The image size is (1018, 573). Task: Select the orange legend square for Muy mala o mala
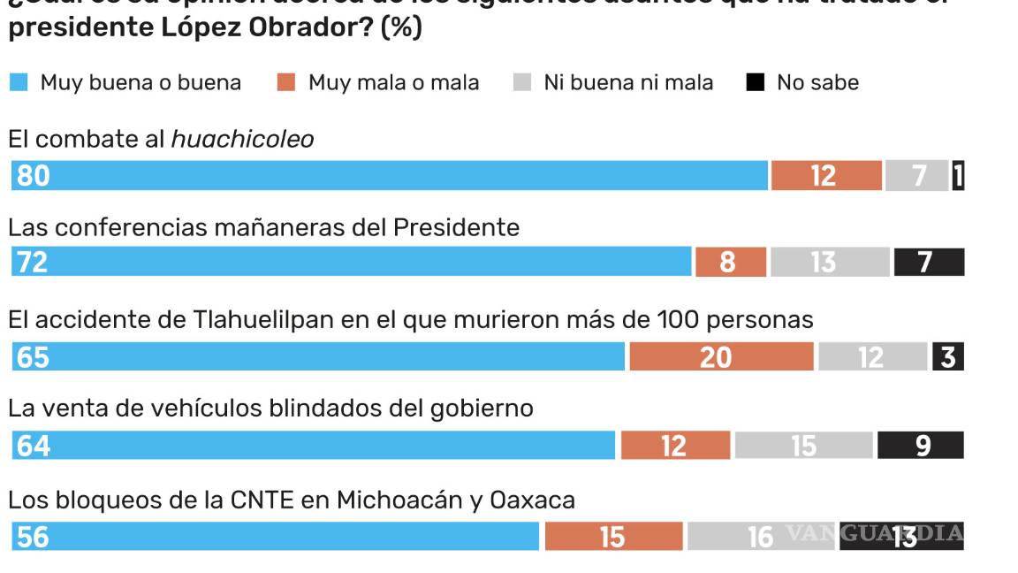pos(285,83)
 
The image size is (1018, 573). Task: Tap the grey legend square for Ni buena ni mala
pos(521,83)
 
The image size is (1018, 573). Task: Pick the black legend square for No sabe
pos(755,83)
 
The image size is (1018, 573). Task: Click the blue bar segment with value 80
pos(390,176)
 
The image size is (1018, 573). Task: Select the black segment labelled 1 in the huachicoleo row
pos(958,176)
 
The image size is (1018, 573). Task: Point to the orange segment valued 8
pos(730,263)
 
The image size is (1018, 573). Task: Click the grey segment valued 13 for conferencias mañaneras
pos(829,263)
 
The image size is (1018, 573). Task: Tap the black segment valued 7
pos(929,263)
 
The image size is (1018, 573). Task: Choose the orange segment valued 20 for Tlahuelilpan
pos(721,356)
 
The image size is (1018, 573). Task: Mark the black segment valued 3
pos(947,356)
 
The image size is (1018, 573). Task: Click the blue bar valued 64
pos(314,446)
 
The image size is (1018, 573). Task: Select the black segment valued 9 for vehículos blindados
pos(920,446)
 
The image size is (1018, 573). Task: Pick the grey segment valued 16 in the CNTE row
pos(760,536)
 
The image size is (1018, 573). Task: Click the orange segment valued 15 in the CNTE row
pos(613,536)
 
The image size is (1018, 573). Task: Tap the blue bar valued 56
pos(276,536)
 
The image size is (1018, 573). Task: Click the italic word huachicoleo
pos(242,139)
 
